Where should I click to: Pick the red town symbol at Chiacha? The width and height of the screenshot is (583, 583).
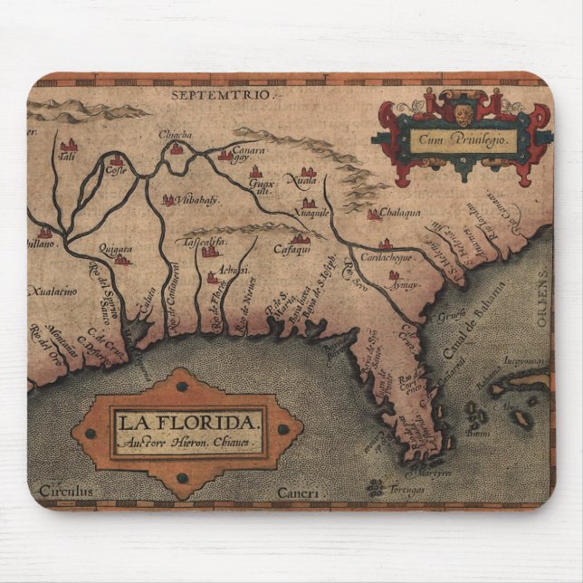[177, 148]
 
